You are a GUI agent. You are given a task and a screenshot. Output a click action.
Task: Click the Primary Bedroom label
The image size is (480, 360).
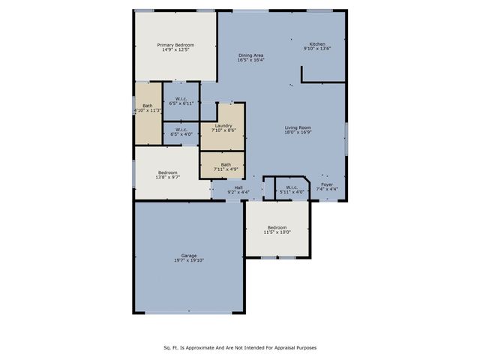coord(175,45)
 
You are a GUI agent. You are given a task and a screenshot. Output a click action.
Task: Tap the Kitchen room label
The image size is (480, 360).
coord(318,44)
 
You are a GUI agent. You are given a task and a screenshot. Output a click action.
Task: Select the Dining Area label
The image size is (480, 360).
coord(250,55)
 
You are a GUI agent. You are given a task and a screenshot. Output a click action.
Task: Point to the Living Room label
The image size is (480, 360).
coord(298,127)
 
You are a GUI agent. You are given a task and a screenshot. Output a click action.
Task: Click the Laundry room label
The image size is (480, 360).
coord(223,125)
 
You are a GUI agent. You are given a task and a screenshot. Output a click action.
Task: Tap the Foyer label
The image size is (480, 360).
coord(327,184)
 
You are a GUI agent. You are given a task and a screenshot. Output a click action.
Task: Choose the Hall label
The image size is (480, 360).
coord(238,187)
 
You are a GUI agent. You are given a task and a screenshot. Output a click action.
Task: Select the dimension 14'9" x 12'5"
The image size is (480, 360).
coord(175,49)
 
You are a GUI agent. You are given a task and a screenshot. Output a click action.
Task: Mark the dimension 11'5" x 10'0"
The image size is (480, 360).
coord(277,232)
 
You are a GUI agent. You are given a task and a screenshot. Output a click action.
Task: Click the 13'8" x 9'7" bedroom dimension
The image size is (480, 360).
coord(167,177)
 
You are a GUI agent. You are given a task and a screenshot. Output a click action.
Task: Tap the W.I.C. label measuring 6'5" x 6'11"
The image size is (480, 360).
coord(181,99)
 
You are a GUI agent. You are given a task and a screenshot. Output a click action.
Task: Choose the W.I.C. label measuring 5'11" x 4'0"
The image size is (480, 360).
coord(292,187)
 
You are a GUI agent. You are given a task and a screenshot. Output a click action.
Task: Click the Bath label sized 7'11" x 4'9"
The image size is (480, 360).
coord(226,164)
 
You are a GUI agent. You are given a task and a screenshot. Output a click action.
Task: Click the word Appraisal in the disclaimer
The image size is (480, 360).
coord(281,348)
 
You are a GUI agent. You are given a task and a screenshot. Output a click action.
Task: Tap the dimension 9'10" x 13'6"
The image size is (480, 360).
coord(318,49)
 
